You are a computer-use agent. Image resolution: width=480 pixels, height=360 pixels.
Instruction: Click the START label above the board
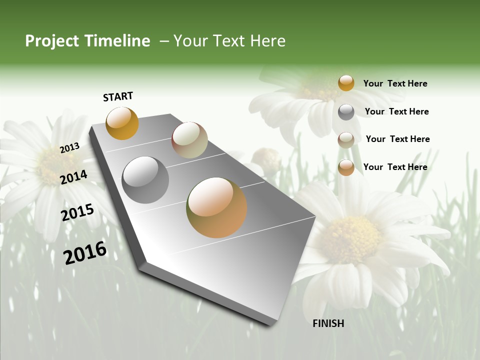tap(118, 96)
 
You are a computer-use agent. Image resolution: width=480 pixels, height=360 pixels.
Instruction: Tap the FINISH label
tap(328, 323)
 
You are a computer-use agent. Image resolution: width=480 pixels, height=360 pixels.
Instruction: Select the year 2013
tap(69, 147)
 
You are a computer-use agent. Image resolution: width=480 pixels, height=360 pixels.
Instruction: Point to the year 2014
tap(74, 177)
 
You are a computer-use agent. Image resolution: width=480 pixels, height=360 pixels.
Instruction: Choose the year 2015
tap(77, 212)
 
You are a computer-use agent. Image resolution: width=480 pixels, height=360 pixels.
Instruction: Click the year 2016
tap(85, 252)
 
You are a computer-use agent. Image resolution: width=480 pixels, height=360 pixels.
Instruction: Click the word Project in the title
tap(51, 41)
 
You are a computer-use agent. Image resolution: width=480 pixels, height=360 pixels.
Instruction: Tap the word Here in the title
tap(267, 41)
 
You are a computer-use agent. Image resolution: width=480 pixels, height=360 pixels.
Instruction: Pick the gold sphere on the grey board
tap(122, 123)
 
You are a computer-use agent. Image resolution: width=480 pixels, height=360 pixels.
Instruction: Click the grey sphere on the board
tap(145, 179)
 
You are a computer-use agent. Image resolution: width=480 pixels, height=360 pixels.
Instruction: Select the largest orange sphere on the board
tap(216, 207)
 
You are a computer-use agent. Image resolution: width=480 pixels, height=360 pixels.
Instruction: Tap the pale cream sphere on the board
tap(189, 140)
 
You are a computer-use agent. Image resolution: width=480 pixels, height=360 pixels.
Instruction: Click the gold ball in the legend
tap(346, 83)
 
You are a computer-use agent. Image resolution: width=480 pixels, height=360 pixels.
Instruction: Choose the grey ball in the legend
tap(346, 112)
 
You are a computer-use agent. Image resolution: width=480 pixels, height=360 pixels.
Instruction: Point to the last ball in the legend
tap(346, 167)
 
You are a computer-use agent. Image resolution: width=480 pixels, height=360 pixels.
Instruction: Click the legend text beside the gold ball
tap(395, 83)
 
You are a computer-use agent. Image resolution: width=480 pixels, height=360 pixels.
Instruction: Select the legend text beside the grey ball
tap(396, 111)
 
